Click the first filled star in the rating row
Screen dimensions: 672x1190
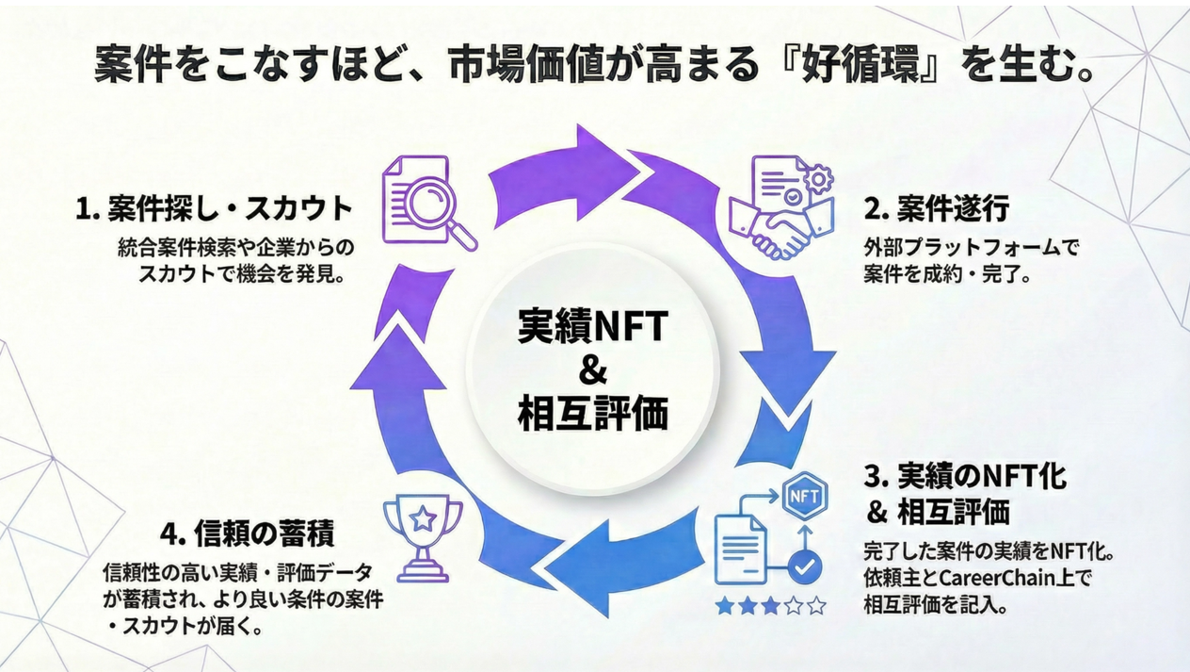point(725,606)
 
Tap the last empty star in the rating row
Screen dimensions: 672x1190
point(816,606)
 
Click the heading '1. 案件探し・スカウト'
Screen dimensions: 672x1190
point(214,208)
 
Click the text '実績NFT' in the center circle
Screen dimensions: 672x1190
point(592,326)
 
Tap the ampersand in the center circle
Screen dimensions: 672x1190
point(592,369)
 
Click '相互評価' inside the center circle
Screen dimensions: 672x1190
point(592,413)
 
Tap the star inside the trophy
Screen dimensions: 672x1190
point(423,517)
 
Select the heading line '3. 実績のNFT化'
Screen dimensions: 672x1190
point(965,476)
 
